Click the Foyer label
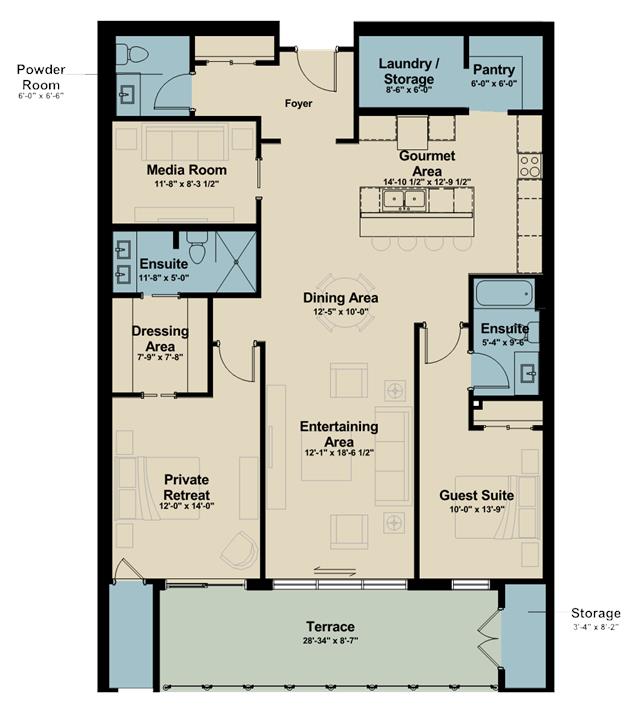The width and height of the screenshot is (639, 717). (298, 103)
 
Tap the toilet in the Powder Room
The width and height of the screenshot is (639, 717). (133, 54)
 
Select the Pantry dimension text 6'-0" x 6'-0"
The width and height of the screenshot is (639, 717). (494, 84)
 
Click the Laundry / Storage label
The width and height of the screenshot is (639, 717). (408, 71)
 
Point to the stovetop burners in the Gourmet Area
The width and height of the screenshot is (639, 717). (530, 166)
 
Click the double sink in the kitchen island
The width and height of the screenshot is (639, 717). (404, 199)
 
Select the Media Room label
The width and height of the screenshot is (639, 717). (187, 170)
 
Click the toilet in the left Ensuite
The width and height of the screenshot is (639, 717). (197, 247)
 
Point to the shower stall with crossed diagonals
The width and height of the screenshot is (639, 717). (236, 262)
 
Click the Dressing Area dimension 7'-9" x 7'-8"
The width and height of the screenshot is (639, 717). (160, 357)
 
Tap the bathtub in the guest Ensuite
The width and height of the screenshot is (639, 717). (504, 293)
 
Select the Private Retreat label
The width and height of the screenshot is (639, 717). (187, 487)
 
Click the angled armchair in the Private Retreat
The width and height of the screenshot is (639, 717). (239, 550)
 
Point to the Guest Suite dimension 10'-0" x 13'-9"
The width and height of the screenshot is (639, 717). (477, 509)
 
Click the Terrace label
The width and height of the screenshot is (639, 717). (330, 626)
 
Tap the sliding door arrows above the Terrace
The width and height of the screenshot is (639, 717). (335, 571)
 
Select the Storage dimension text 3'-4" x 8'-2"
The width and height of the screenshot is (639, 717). (596, 627)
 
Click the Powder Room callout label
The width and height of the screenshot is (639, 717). (41, 77)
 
